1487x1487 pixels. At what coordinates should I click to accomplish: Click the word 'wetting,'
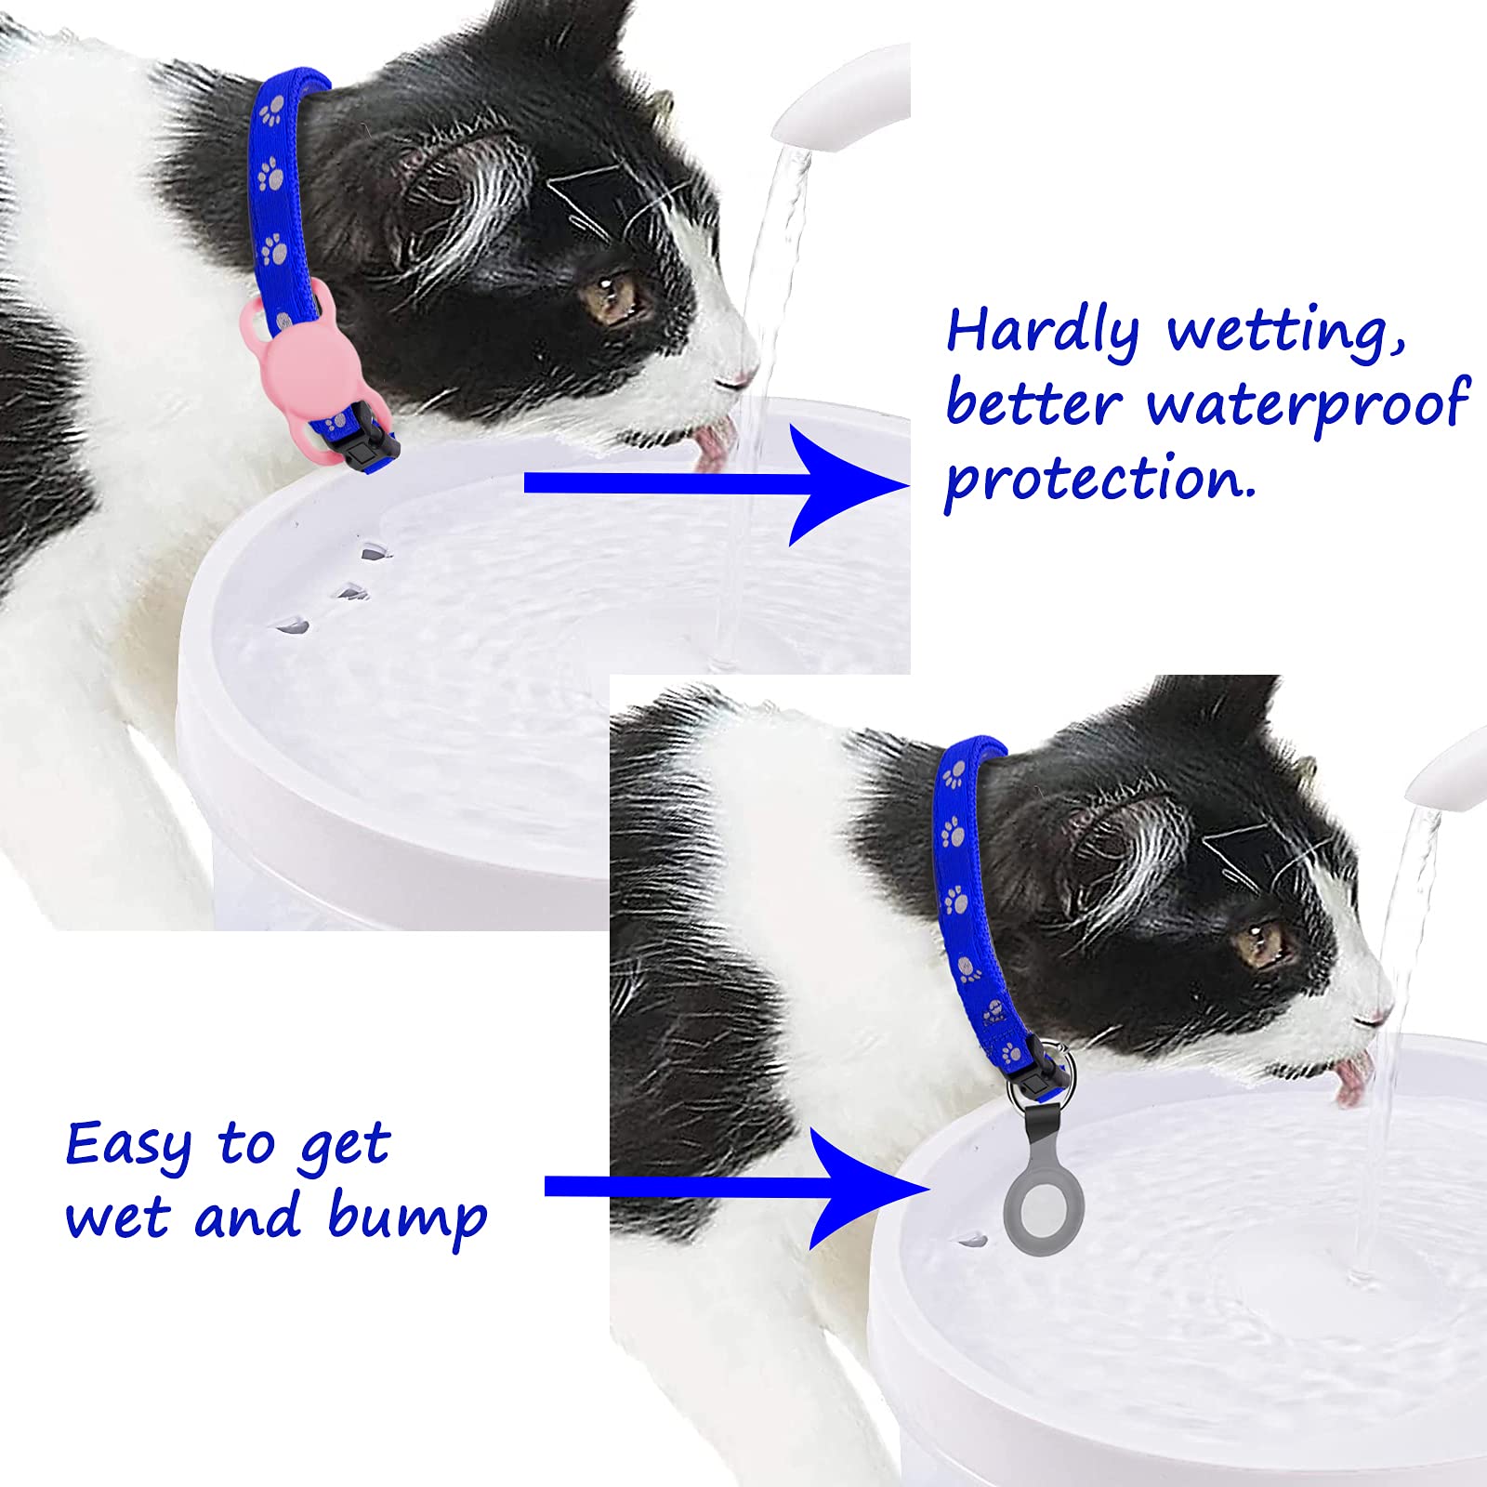(x=1285, y=333)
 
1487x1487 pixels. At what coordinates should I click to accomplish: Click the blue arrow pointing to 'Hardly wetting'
(x=716, y=483)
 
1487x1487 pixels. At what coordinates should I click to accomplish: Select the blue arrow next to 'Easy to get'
(x=734, y=1187)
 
